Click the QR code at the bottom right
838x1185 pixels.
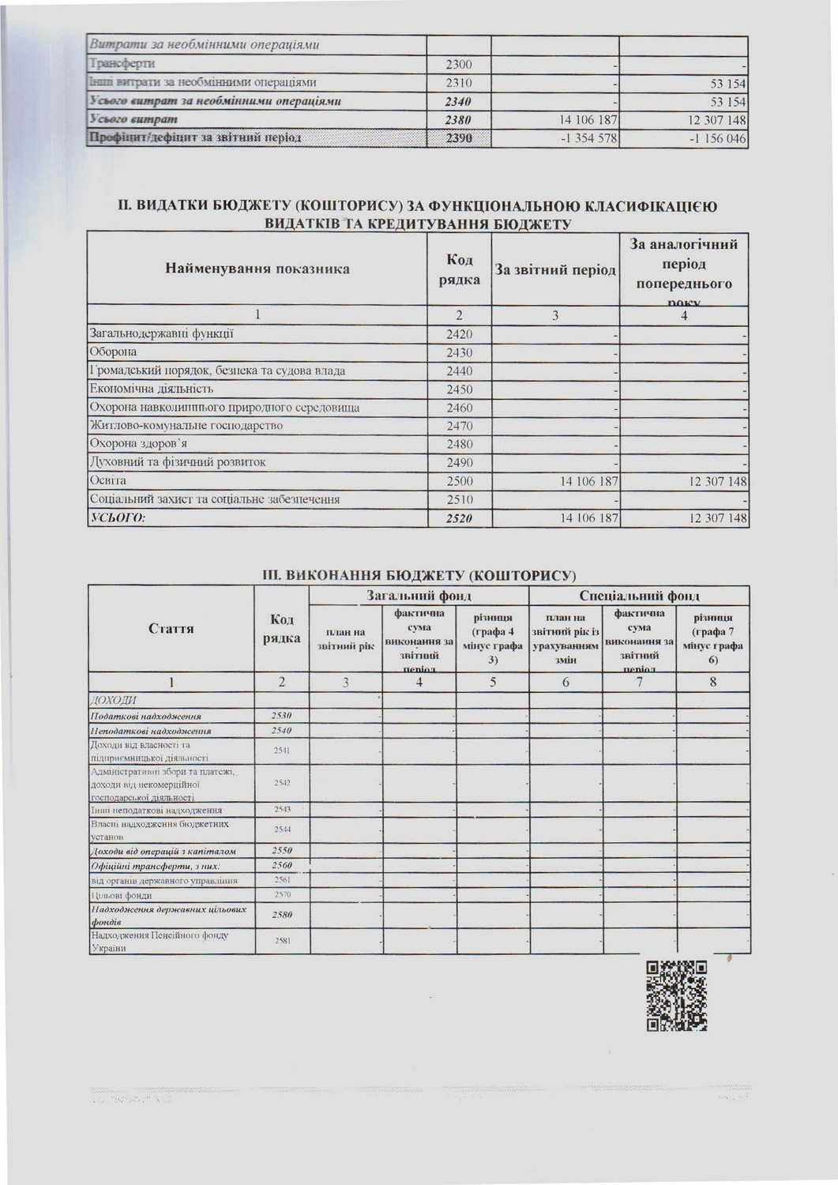(676, 995)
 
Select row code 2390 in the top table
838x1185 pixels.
(459, 139)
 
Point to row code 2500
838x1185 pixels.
(459, 481)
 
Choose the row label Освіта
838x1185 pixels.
(107, 480)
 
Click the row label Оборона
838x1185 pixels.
(113, 352)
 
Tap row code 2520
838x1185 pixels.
(459, 518)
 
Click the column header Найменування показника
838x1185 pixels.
(257, 269)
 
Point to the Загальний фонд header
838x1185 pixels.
(419, 596)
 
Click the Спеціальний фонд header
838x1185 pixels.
(639, 596)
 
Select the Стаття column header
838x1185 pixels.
(171, 629)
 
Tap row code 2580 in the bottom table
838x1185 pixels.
(282, 915)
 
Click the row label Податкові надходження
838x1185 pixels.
(145, 716)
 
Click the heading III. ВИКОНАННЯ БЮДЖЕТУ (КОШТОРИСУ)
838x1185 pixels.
(419, 574)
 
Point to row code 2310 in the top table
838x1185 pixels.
(459, 82)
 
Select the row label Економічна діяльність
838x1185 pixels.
(151, 389)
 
